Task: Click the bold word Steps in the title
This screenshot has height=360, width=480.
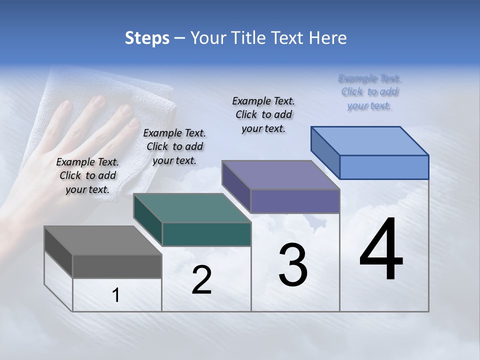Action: click(147, 38)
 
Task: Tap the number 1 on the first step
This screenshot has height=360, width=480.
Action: click(116, 295)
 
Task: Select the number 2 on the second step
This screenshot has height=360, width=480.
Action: click(201, 280)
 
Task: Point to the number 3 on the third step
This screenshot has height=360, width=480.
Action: click(293, 265)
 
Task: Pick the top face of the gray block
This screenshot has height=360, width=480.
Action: click(103, 240)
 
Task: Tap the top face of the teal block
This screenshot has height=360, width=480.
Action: click(192, 208)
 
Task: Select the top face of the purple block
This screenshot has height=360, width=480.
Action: click(281, 175)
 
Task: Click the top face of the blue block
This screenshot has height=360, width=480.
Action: click(370, 141)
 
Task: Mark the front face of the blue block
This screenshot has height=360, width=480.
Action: click(384, 167)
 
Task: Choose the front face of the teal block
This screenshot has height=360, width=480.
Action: click(206, 234)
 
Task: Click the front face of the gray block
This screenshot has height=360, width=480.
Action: click(117, 266)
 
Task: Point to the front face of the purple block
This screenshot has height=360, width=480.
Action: click(295, 201)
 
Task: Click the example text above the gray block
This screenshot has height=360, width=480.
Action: click(87, 175)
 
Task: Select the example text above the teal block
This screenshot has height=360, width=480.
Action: click(174, 146)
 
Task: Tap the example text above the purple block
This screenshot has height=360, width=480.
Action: click(263, 114)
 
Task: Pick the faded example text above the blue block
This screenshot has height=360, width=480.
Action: click(369, 91)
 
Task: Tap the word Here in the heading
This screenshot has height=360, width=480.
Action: click(328, 38)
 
